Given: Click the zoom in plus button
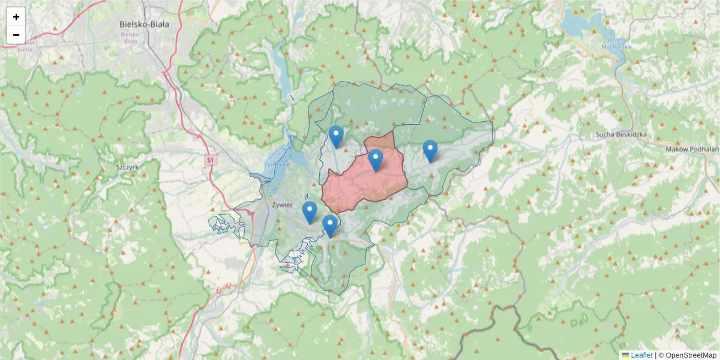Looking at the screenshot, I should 16,17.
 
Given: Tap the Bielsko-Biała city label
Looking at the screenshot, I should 144,25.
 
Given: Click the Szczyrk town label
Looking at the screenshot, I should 127,168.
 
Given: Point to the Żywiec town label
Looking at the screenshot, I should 282,205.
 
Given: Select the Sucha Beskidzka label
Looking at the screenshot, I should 621,134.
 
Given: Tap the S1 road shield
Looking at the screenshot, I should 211,160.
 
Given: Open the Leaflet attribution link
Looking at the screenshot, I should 641,355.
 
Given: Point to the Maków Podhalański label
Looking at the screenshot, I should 693,149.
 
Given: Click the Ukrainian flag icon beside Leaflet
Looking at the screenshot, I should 625,355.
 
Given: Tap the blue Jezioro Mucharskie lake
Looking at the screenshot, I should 579,25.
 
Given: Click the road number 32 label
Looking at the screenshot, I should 226,287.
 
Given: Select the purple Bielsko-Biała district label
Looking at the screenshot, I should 130,37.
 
